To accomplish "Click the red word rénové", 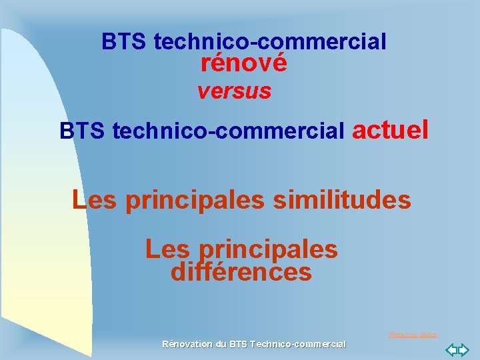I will [x=243, y=63].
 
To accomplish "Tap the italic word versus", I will [x=234, y=91].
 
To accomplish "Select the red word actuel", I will [x=390, y=129].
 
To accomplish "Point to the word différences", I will [x=241, y=272].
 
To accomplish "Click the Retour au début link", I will [x=412, y=335].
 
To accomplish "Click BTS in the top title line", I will [x=125, y=42].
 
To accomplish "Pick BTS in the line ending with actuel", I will [x=83, y=131].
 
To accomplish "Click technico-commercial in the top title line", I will [x=270, y=42].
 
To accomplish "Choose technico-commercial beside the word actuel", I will [x=229, y=131].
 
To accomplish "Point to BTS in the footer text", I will [x=237, y=344].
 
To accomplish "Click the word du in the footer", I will [x=221, y=344].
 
